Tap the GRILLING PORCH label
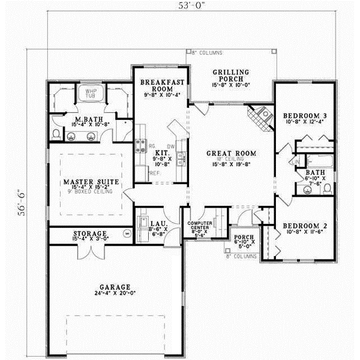click(x=231, y=74)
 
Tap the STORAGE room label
click(x=89, y=233)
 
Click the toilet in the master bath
click(x=56, y=133)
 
